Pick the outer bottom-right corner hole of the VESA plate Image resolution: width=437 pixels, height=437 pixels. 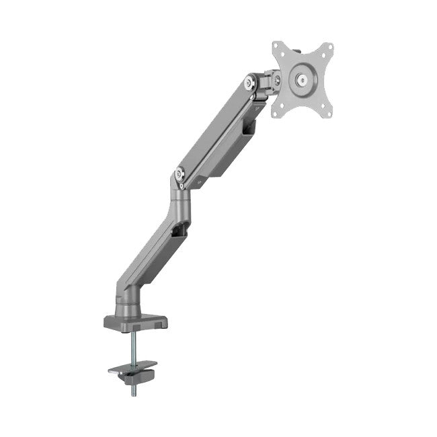coord(329,113)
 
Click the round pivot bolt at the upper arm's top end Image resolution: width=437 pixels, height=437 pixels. coord(251,83)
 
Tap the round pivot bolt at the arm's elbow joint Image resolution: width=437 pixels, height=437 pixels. coord(180,173)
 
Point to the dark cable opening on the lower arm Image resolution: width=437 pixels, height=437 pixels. coord(178,231)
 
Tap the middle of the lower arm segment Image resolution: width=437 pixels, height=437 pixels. coord(151,249)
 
